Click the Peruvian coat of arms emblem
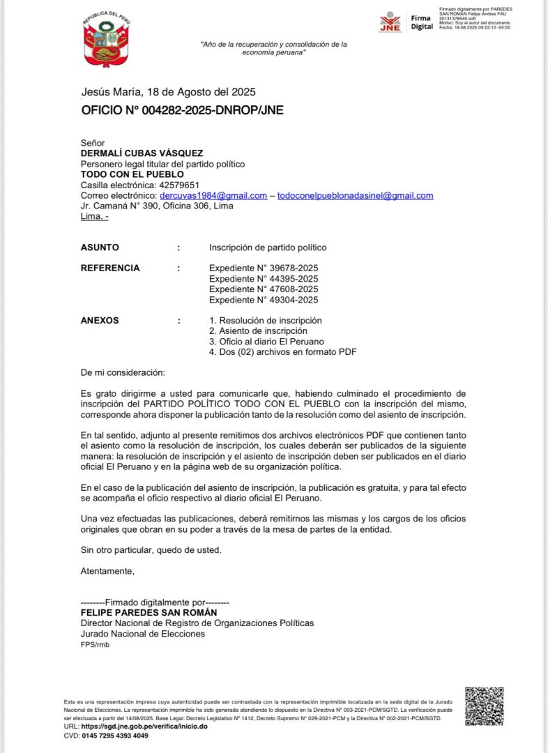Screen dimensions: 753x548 tap(107, 42)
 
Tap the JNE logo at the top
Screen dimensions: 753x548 tap(390, 22)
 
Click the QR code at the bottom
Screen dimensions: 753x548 tap(484, 706)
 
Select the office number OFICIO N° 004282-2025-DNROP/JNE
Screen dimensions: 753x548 tap(182, 110)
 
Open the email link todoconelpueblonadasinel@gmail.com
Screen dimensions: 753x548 tap(355, 196)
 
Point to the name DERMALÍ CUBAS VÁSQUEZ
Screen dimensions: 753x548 tap(142, 153)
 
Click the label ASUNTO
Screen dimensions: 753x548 tap(100, 248)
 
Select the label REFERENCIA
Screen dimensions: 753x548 tap(110, 268)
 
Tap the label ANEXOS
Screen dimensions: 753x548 tap(100, 321)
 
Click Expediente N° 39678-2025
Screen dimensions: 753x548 tap(264, 268)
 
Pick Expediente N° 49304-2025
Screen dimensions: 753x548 tap(264, 300)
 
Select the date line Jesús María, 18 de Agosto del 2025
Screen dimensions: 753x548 tap(168, 92)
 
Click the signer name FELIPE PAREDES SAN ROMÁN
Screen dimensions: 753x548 tap(149, 612)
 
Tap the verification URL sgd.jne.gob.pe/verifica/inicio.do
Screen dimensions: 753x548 tap(144, 727)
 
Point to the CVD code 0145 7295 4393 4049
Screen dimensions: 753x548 tap(115, 736)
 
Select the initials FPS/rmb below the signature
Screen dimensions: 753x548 tap(95, 645)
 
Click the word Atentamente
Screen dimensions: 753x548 tap(107, 571)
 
